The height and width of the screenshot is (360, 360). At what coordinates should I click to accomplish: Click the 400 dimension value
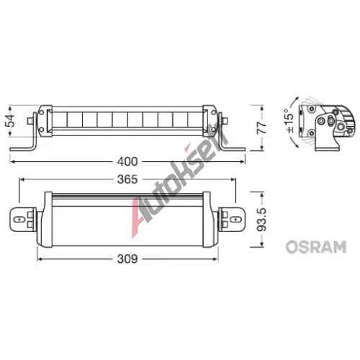point(127,162)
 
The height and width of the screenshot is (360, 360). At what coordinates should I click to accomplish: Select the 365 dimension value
point(127,179)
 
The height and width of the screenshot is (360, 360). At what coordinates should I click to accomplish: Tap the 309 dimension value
point(127,259)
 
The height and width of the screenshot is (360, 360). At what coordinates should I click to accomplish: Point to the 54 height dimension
point(10,121)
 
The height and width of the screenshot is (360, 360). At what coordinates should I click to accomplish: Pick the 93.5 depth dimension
point(261,220)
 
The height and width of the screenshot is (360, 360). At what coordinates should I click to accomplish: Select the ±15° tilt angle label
point(289,121)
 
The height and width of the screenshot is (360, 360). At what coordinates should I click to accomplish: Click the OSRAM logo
point(315,247)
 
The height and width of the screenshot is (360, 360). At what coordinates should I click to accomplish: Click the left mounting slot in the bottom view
point(19,220)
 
